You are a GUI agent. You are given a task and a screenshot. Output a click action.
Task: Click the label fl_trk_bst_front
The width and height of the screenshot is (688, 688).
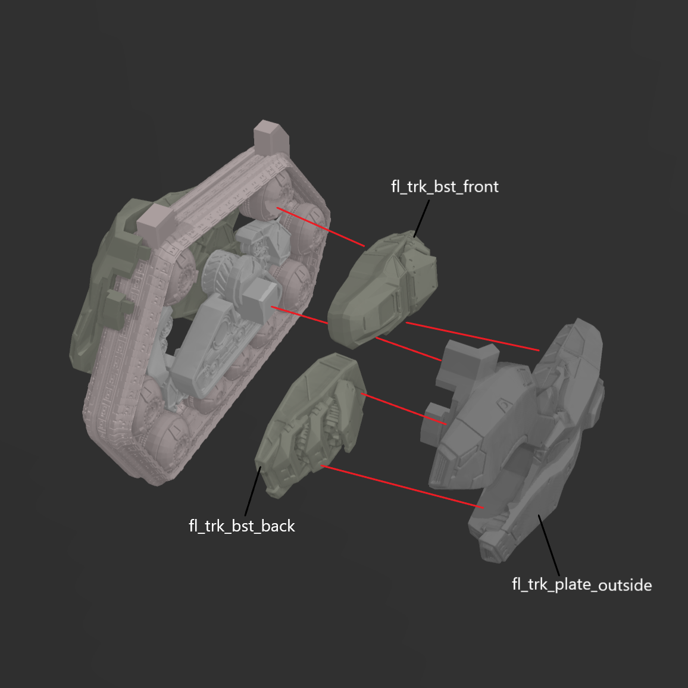click(444, 187)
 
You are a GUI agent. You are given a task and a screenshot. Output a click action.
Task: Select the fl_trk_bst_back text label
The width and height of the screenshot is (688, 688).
click(242, 526)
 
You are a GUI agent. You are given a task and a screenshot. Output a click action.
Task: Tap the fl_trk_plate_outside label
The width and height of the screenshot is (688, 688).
click(581, 584)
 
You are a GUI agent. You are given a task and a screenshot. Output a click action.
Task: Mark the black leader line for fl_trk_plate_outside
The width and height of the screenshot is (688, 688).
click(549, 545)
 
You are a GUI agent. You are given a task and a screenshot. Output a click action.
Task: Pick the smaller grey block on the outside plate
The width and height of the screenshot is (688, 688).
click(433, 424)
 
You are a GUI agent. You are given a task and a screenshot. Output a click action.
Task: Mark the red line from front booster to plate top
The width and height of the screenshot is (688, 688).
click(473, 336)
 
